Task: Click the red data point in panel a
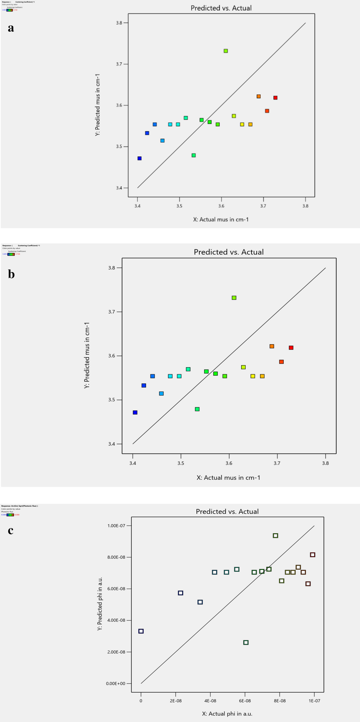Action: click(x=276, y=98)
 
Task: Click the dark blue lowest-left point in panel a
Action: click(x=140, y=158)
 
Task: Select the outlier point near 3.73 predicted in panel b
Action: click(x=234, y=298)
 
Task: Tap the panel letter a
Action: click(x=11, y=28)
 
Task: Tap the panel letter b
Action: click(x=11, y=274)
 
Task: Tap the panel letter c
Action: click(x=11, y=530)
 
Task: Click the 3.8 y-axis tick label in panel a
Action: click(x=119, y=23)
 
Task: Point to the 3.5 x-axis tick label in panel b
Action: click(x=181, y=463)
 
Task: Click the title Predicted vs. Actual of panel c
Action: click(x=227, y=512)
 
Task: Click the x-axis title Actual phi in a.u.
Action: click(x=227, y=714)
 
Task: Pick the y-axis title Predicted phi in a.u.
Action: click(x=100, y=604)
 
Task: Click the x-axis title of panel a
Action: click(x=221, y=219)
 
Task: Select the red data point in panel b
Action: click(x=291, y=348)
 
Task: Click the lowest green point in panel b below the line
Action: click(x=197, y=409)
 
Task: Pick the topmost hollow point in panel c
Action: click(x=276, y=536)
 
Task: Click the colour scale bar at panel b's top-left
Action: click(x=11, y=254)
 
